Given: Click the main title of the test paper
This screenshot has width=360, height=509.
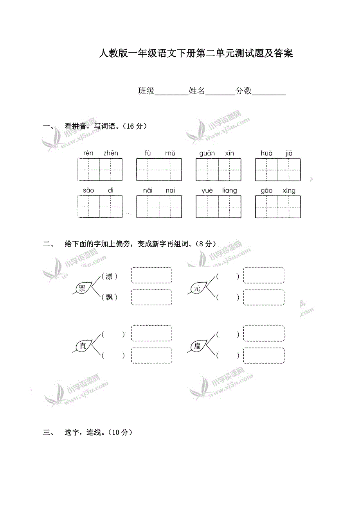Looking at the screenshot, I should click(x=196, y=54).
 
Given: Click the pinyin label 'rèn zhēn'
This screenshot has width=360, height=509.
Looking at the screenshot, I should click(x=101, y=153).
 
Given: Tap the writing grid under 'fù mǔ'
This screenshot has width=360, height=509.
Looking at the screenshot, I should click(x=159, y=170).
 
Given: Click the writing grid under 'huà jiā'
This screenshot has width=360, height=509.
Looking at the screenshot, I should click(x=278, y=170).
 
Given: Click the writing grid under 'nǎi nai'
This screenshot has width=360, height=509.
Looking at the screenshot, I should click(x=159, y=206).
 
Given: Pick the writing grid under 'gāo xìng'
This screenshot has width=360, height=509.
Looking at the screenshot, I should click(x=278, y=206).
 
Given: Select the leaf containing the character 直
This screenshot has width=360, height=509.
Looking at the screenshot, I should click(x=83, y=346).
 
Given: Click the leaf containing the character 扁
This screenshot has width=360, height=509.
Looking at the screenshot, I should click(x=198, y=346).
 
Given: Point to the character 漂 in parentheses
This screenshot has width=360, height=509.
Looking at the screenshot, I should click(x=109, y=276).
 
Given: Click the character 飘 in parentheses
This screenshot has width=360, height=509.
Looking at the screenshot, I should click(x=109, y=298).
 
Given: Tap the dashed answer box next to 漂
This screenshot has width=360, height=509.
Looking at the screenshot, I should click(x=151, y=275).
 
